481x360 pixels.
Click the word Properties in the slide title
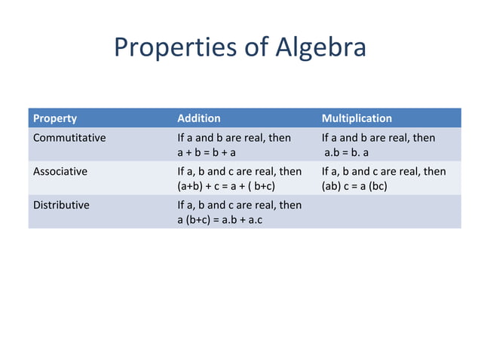pos(173,47)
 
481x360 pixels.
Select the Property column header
pos(54,118)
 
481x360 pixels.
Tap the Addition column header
pos(198,118)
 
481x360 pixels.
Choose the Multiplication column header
pos(357,118)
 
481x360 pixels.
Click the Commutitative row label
pos(69,138)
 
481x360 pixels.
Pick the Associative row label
pos(60,171)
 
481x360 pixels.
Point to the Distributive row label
pos(61,205)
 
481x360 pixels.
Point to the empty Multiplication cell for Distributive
pos(388,212)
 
